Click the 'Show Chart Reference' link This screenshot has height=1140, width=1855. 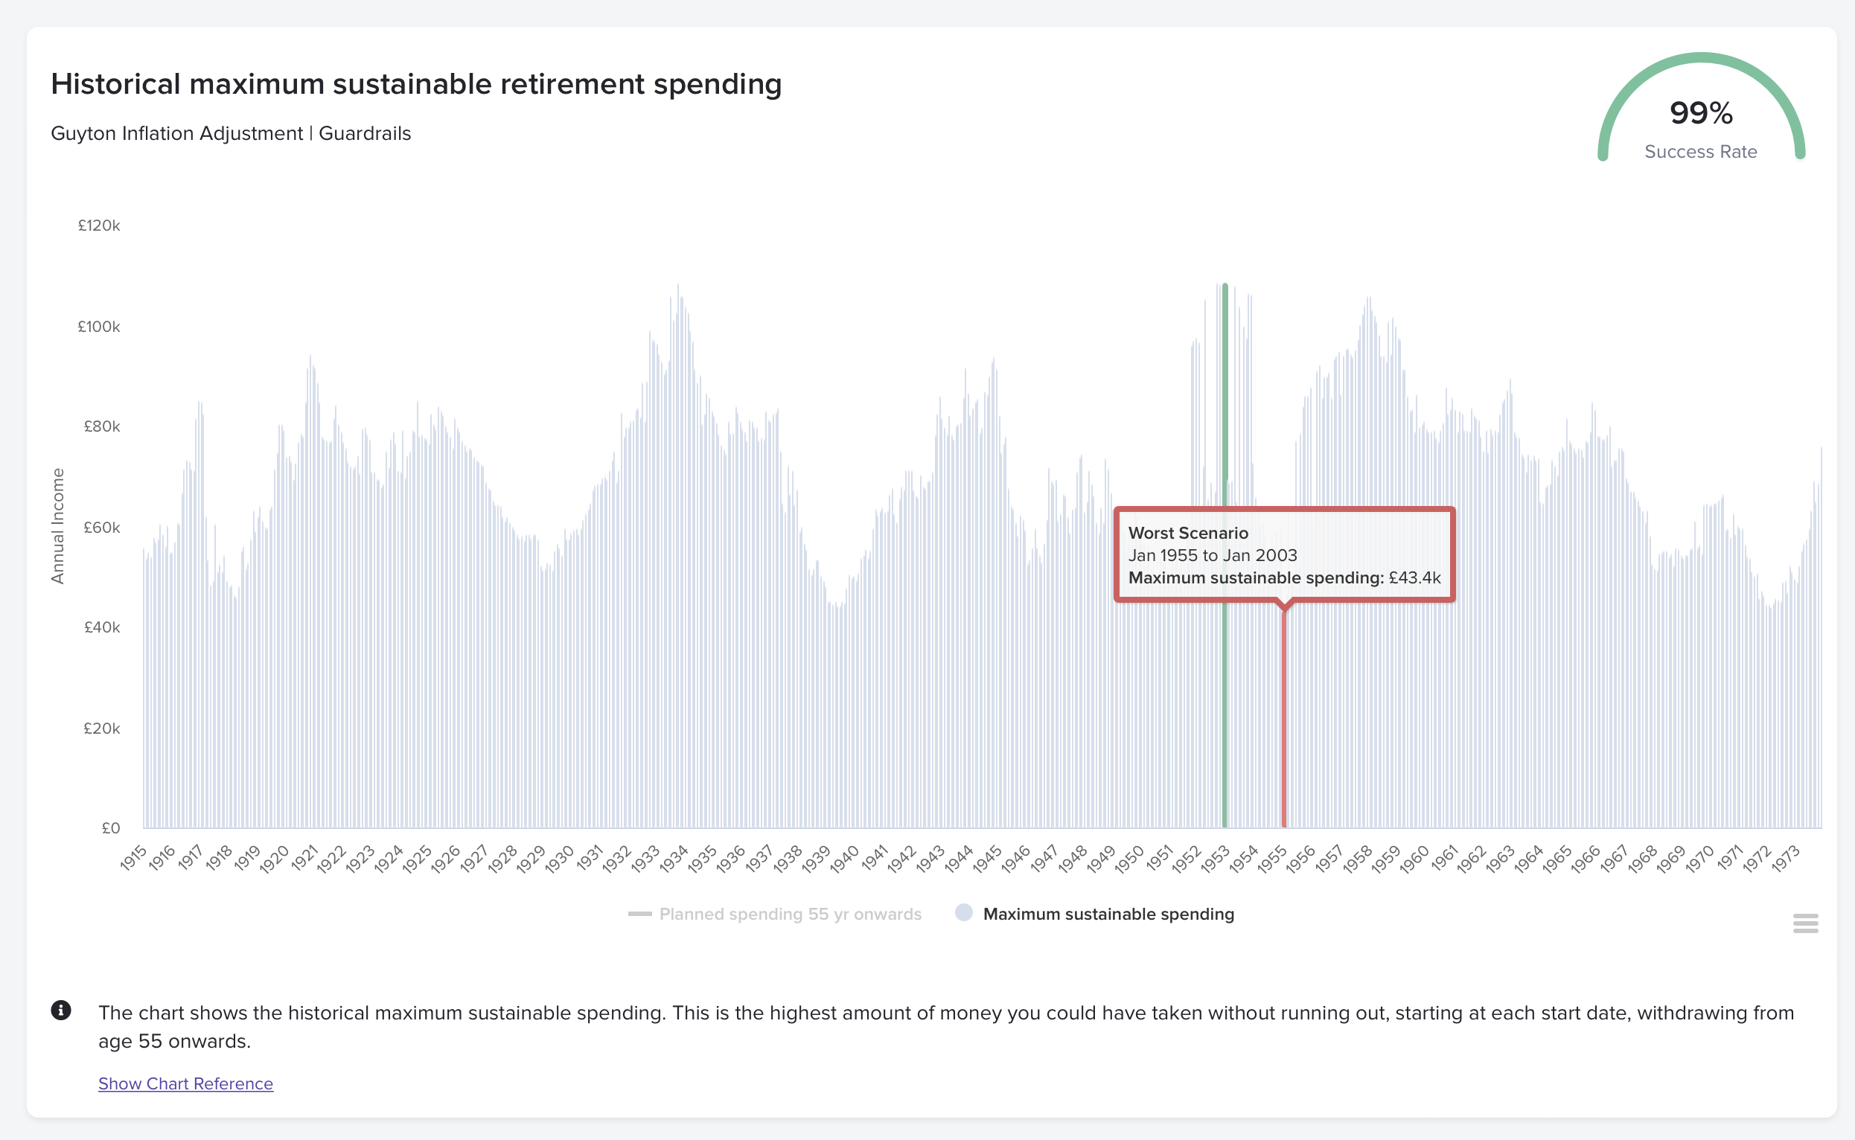tap(185, 1083)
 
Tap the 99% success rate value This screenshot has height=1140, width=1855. tap(1700, 113)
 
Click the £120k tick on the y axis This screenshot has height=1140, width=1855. tap(99, 225)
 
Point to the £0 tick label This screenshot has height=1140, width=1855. tap(111, 828)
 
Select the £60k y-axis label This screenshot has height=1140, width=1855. tap(101, 527)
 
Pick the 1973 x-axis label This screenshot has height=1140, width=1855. tap(1786, 859)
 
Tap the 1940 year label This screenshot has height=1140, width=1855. tap(845, 859)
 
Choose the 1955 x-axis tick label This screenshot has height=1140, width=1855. tap(1272, 859)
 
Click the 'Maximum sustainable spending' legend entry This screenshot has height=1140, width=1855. tap(1108, 914)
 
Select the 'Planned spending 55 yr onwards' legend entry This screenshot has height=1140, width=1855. tap(790, 914)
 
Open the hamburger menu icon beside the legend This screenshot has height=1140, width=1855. tap(1805, 923)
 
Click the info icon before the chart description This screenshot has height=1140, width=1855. tap(61, 1011)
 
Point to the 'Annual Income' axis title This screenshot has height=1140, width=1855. tap(57, 526)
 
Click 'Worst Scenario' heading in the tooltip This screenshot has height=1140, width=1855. tap(1187, 533)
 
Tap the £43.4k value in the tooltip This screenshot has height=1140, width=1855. tap(1414, 577)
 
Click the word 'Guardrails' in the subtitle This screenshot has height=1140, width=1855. tap(365, 133)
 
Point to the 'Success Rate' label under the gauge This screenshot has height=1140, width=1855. tap(1700, 152)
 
